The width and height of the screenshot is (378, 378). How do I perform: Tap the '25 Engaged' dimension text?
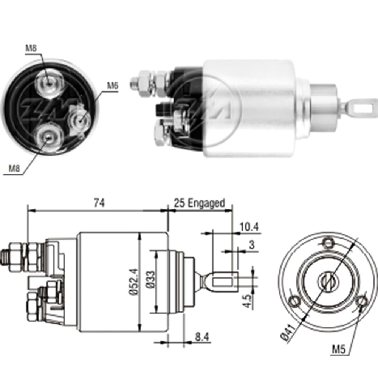coord(199,203)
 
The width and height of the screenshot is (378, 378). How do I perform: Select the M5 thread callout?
coord(339,350)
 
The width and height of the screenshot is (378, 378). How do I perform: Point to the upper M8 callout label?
coord(31,48)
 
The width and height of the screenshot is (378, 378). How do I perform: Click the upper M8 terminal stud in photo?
coord(47,81)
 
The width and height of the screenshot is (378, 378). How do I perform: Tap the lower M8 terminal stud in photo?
coord(47,137)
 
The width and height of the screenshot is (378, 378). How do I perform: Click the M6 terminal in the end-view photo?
coord(80,120)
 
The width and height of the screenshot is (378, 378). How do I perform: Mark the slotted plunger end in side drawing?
coord(223,282)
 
